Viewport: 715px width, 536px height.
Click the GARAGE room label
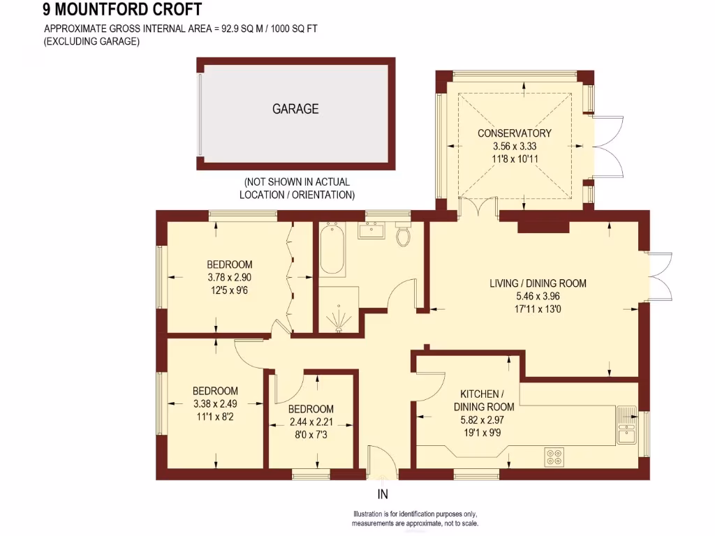(x=295, y=109)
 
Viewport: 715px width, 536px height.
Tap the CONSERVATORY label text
(x=515, y=133)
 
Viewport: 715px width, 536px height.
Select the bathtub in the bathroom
(x=332, y=249)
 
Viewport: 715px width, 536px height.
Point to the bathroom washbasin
(x=371, y=230)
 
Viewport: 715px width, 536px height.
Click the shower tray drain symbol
(x=339, y=319)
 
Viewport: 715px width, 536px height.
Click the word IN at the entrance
(x=383, y=495)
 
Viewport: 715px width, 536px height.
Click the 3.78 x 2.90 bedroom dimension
(x=230, y=277)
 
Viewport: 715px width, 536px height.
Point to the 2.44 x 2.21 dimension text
(x=311, y=422)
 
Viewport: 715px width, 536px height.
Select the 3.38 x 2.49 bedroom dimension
(x=215, y=403)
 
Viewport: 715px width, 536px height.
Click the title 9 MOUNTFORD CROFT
(x=122, y=10)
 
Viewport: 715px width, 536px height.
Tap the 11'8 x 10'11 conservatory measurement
(x=515, y=158)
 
